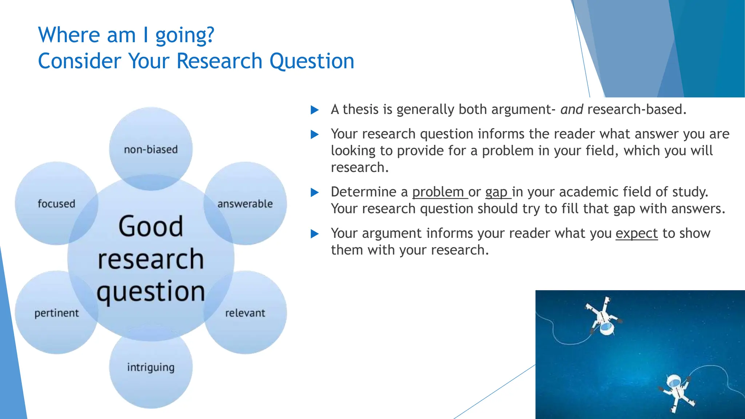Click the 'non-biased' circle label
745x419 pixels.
tap(151, 149)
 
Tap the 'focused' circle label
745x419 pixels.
tap(56, 204)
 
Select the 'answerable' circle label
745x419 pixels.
tap(245, 204)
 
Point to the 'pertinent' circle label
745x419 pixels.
tap(56, 313)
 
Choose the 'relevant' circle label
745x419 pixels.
tap(245, 313)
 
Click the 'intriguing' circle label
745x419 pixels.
tap(151, 367)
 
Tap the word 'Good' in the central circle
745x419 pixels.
tap(151, 226)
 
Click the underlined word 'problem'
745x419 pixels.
tap(438, 192)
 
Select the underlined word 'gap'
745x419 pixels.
tap(496, 192)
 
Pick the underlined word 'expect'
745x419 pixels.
tap(637, 233)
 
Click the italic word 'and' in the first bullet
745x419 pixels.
tap(571, 109)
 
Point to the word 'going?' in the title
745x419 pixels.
tap(185, 35)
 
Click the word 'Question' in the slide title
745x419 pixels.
tap(312, 61)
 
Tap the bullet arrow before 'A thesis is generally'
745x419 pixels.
tap(315, 110)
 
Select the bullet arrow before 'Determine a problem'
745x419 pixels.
tap(315, 192)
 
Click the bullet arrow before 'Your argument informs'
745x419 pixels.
tap(315, 234)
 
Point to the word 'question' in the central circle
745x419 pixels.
tap(151, 292)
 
